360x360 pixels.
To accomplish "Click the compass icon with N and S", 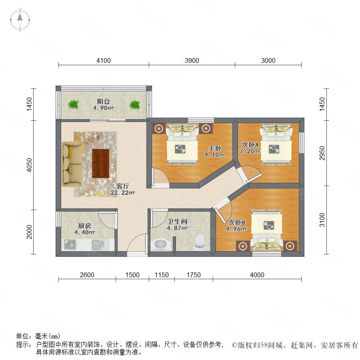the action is pyautogui.click(x=20, y=20).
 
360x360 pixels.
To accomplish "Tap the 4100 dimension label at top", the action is pyautogui.click(x=104, y=60).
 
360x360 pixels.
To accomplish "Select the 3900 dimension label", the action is pyautogui.click(x=192, y=60).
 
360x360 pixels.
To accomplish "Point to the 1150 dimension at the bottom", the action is pyautogui.click(x=162, y=275).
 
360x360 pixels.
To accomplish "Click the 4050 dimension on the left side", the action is pyautogui.click(x=30, y=165).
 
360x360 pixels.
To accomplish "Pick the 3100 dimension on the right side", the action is pyautogui.click(x=322, y=220).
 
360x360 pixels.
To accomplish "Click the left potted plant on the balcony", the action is pyautogui.click(x=73, y=104).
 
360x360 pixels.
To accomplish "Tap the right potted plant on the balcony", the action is pyautogui.click(x=135, y=105).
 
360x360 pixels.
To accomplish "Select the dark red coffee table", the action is pyautogui.click(x=100, y=163).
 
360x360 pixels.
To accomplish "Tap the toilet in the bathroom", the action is pyautogui.click(x=199, y=242).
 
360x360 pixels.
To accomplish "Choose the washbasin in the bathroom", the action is pyautogui.click(x=161, y=245).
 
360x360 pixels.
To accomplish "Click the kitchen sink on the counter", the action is pyautogui.click(x=98, y=245).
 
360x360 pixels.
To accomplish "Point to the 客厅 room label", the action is pyautogui.click(x=123, y=186).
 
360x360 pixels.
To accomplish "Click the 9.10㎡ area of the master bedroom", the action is pyautogui.click(x=215, y=155).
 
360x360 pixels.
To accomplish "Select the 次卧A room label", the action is pyautogui.click(x=250, y=145).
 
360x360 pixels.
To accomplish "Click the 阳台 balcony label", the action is pyautogui.click(x=103, y=102).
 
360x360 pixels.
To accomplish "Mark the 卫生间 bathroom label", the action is pyautogui.click(x=177, y=222).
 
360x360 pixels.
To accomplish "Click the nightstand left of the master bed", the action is pyautogui.click(x=158, y=128).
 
